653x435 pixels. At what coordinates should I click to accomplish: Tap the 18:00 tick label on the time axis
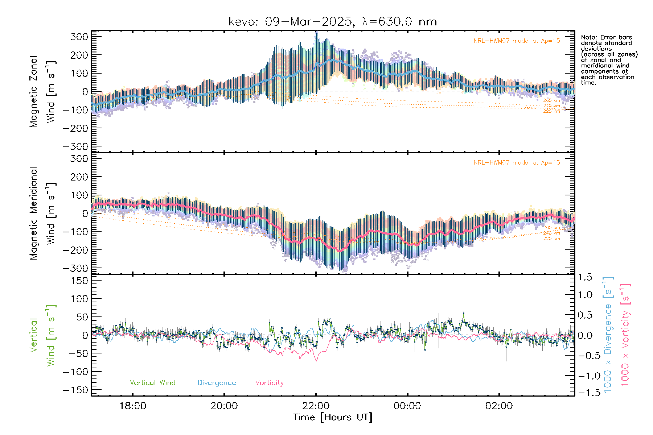click(x=133, y=406)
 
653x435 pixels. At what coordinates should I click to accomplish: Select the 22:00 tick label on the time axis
click(x=316, y=406)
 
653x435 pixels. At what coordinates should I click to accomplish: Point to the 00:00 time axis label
click(x=407, y=406)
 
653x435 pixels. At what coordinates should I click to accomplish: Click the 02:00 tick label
click(x=499, y=406)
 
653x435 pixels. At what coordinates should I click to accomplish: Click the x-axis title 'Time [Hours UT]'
click(x=333, y=418)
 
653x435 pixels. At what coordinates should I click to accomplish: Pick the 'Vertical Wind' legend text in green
click(x=152, y=383)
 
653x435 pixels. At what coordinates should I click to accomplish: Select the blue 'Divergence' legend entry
click(x=217, y=383)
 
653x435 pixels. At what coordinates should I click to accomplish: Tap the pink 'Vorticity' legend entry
click(x=269, y=383)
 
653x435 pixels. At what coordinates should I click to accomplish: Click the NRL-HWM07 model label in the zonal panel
click(x=517, y=41)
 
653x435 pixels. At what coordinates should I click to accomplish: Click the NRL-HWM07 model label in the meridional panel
click(x=517, y=163)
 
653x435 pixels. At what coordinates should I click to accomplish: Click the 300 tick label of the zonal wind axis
click(x=79, y=37)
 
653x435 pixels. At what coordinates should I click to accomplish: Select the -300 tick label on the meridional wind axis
click(x=75, y=268)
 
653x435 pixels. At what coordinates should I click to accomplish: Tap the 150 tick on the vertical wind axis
click(x=79, y=281)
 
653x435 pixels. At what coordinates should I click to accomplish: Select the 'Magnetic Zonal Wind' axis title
click(x=42, y=91)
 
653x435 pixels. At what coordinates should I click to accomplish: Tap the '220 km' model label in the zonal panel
click(x=551, y=112)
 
